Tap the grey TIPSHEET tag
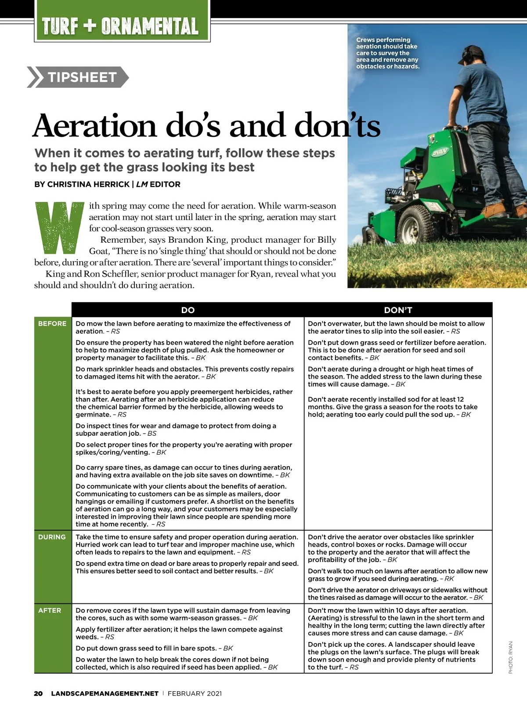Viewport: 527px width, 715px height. pos(82,77)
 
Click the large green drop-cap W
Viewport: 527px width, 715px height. pos(59,227)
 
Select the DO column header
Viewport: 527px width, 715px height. pos(188,310)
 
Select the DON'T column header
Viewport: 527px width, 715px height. pos(398,310)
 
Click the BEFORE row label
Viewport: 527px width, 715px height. pos(52,324)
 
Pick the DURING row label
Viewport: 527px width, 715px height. pos(52,537)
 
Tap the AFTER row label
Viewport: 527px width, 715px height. pos(50,610)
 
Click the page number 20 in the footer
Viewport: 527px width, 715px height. pos(38,693)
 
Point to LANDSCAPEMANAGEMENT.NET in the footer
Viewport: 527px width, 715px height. pos(105,693)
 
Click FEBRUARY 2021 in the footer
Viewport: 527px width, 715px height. pos(195,693)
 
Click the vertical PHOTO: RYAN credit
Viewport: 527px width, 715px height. pos(510,657)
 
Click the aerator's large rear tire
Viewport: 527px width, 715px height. pos(415,226)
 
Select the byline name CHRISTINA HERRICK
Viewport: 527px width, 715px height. pos(88,184)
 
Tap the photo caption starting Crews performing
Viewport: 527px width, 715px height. pos(387,53)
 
